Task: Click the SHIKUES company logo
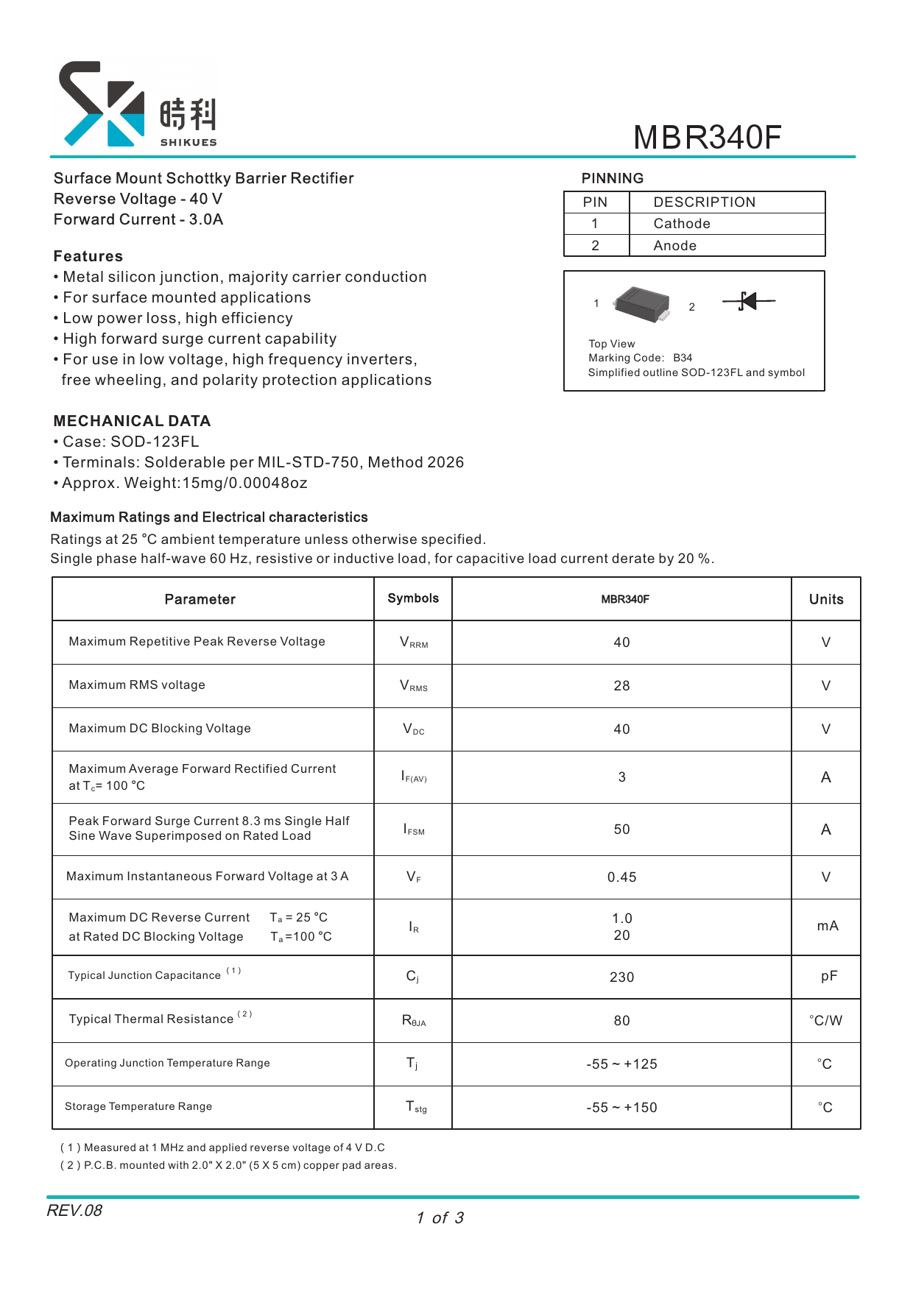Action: tap(137, 105)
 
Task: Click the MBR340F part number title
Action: tap(707, 138)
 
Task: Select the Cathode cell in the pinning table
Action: tap(682, 224)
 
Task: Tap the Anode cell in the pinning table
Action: tap(674, 246)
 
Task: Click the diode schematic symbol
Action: tap(748, 301)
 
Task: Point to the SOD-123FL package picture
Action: tap(642, 304)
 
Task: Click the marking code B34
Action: tap(683, 358)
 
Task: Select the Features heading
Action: tap(88, 256)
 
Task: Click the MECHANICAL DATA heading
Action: tap(132, 421)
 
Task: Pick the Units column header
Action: tap(825, 599)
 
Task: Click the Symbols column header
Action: tap(413, 598)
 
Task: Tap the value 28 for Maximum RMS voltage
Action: tap(621, 686)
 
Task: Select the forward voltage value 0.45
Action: tap(621, 877)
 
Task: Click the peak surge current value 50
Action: tap(621, 830)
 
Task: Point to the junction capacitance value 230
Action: tap(621, 977)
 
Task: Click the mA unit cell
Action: tap(827, 926)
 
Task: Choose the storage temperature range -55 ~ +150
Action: tap(621, 1108)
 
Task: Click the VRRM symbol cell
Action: tap(413, 643)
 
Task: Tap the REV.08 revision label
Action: tap(74, 1211)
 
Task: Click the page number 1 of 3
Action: tap(440, 1218)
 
